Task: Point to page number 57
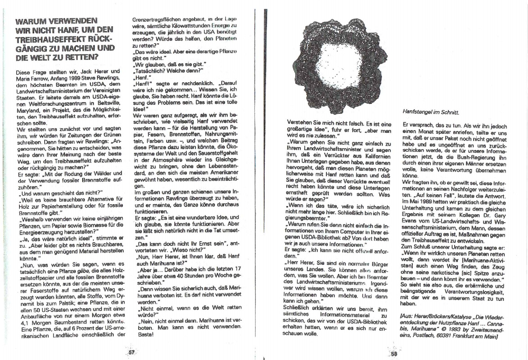coord(132,352)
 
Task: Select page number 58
coord(394,354)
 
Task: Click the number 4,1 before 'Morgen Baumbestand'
coord(26,323)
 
